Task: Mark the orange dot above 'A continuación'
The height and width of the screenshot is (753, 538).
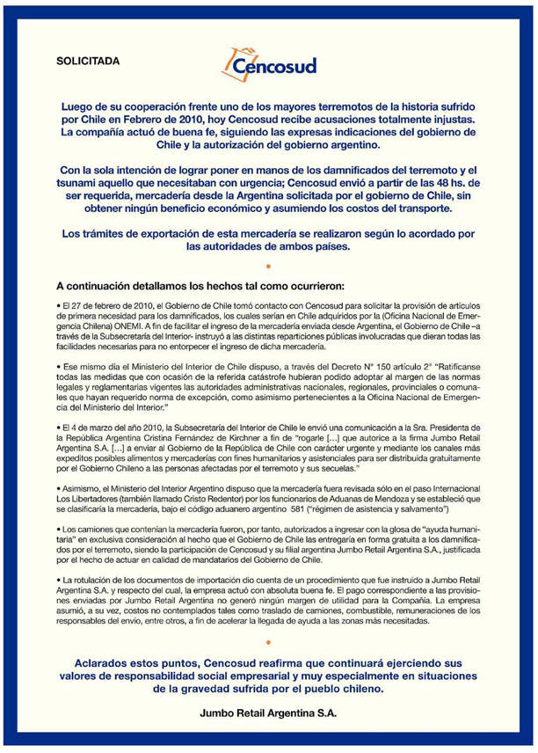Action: coord(268,262)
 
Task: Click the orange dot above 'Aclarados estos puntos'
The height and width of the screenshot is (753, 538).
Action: coord(268,645)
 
